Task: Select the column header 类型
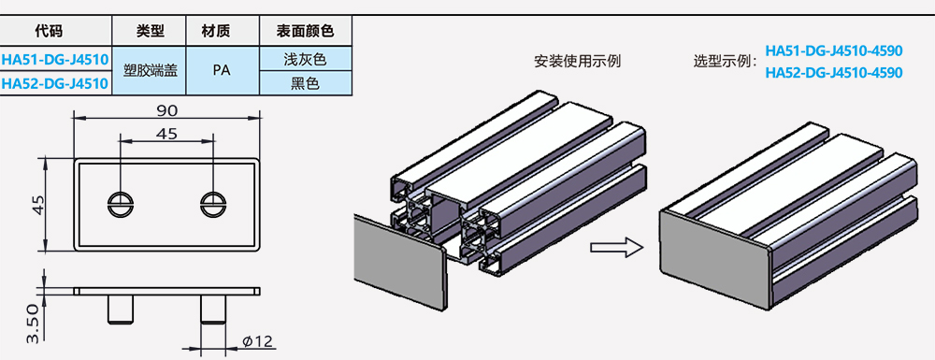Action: click(150, 31)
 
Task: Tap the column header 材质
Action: click(223, 31)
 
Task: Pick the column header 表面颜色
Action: click(306, 31)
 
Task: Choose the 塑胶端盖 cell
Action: click(150, 70)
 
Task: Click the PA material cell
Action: click(223, 70)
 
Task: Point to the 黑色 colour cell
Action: click(306, 83)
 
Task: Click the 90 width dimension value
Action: click(167, 110)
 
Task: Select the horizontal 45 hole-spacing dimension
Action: click(166, 134)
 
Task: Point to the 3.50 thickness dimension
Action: click(33, 324)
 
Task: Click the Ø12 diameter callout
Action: click(258, 341)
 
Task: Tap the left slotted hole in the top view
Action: click(120, 204)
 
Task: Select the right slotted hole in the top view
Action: click(213, 204)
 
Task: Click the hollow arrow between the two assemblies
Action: click(616, 248)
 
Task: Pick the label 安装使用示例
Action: click(577, 61)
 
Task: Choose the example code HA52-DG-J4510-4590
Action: click(834, 72)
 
